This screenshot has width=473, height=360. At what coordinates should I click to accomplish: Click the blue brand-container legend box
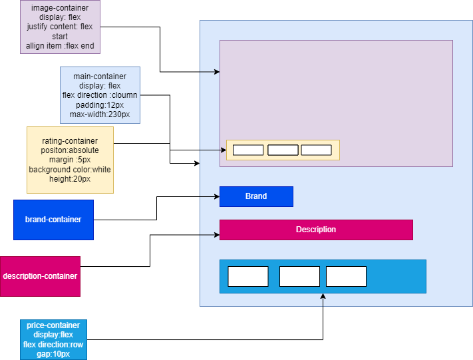tap(53, 220)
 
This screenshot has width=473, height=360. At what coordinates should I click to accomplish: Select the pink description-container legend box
tap(40, 276)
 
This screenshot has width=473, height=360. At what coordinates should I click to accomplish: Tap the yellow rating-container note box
tap(70, 160)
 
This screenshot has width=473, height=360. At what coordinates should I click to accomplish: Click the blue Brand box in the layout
tap(256, 196)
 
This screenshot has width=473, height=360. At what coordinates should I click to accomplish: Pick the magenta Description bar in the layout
tap(316, 230)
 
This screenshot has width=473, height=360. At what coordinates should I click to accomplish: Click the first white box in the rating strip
tap(248, 150)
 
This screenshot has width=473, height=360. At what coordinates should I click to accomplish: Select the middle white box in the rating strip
tap(283, 150)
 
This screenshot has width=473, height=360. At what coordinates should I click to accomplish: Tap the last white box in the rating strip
tap(316, 150)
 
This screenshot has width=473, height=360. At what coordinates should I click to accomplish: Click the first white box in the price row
tap(248, 276)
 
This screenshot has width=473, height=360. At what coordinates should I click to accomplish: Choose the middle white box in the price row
tap(299, 276)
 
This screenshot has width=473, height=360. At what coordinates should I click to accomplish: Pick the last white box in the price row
tap(346, 276)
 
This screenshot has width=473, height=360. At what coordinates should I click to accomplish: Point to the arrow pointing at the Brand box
tap(210, 196)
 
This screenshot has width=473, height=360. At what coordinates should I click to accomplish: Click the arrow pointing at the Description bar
tap(210, 235)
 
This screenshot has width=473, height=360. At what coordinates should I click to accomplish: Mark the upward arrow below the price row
tap(323, 300)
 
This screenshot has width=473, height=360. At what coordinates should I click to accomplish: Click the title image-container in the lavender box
tap(60, 8)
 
